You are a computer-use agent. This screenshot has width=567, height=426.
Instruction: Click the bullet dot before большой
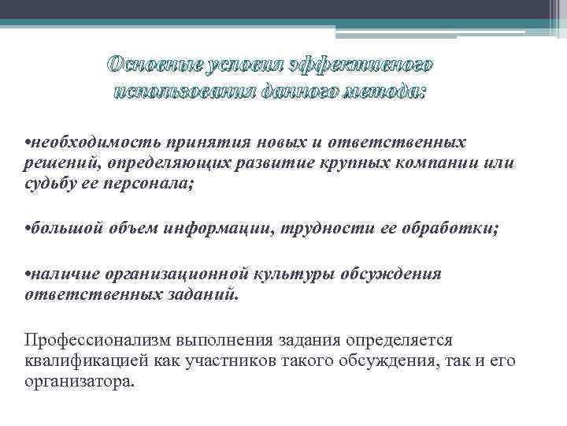click(28, 230)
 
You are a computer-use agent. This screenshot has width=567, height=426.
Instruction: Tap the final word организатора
click(79, 382)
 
